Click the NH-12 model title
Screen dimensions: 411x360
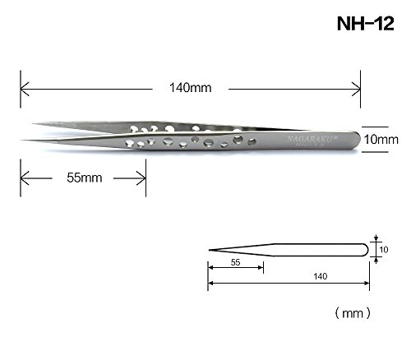(x=366, y=24)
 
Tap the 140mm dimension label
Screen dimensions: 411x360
(x=191, y=88)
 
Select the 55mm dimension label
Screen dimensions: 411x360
(x=85, y=178)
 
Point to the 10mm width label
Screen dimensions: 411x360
(x=381, y=140)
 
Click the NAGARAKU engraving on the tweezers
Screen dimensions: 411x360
(x=312, y=139)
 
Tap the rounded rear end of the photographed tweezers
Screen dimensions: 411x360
(x=358, y=141)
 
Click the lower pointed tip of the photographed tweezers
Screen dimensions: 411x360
(x=21, y=141)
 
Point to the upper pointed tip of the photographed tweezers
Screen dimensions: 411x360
(x=33, y=124)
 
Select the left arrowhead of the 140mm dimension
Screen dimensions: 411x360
(x=25, y=89)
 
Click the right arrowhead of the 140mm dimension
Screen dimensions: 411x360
(x=356, y=89)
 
